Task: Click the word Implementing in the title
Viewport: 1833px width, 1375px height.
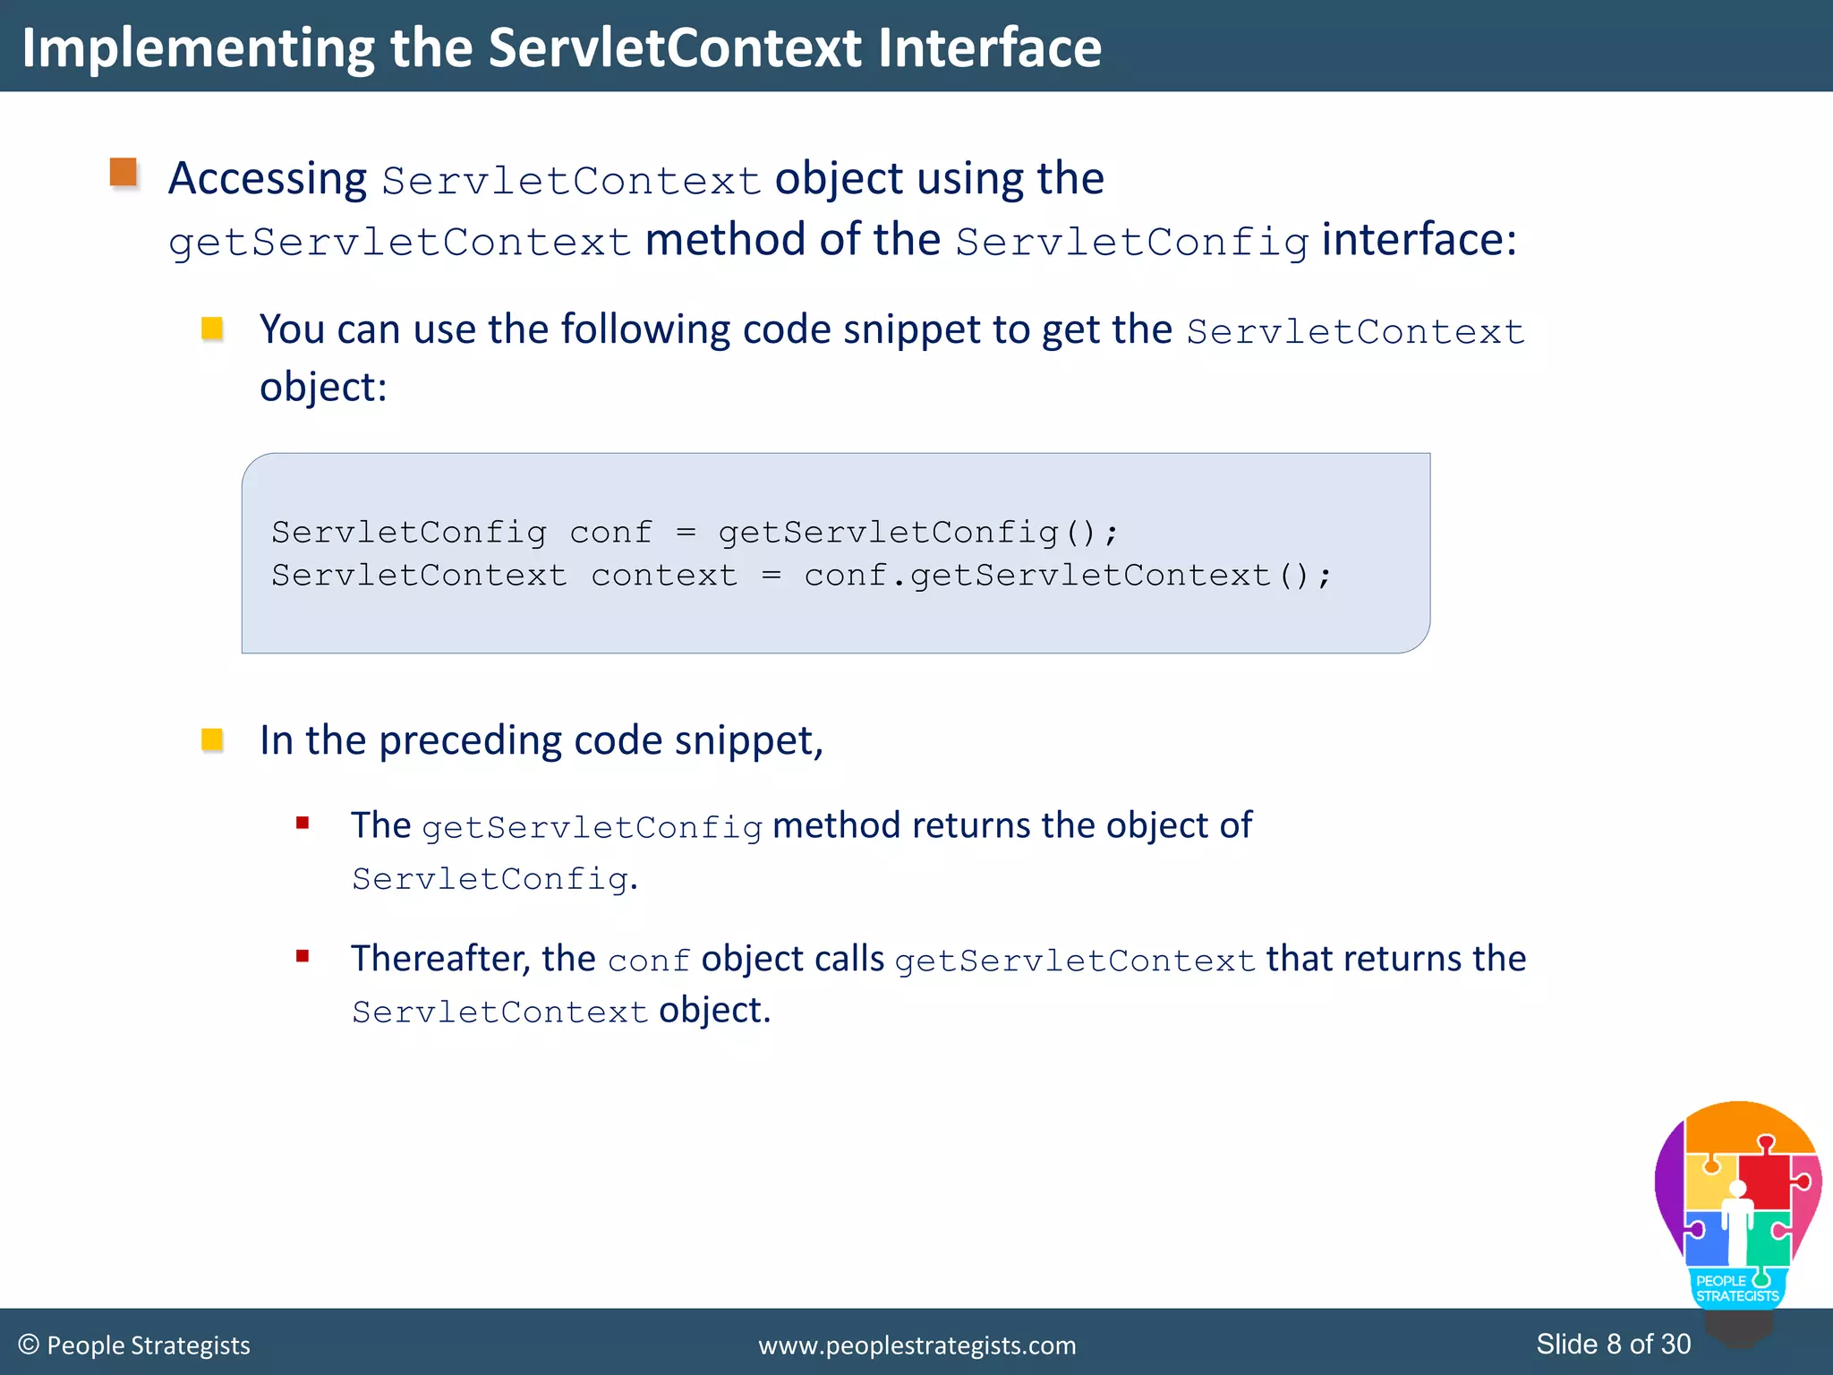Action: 197,48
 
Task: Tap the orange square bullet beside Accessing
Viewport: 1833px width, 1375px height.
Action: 124,172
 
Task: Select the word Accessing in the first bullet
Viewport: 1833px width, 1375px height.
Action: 268,179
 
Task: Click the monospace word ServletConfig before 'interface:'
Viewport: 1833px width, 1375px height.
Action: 1132,243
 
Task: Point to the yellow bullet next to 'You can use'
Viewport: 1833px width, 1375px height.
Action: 212,329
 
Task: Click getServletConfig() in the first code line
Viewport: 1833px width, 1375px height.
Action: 917,533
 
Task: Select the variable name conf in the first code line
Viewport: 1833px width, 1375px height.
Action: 611,533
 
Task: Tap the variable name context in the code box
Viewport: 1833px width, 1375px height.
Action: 664,576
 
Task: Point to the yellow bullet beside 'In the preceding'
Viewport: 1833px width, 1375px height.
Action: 212,739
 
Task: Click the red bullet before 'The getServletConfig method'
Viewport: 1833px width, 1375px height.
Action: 303,823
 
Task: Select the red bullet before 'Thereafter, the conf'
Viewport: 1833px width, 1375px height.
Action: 303,956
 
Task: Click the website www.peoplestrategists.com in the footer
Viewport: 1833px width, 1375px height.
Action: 916,1345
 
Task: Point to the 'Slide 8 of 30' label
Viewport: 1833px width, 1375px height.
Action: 1613,1345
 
